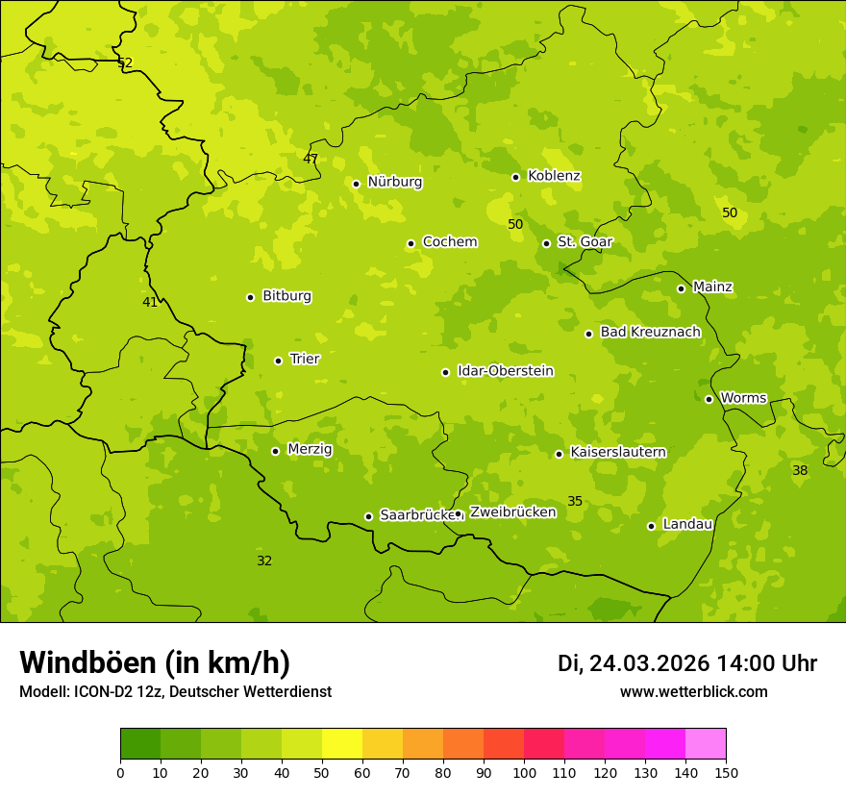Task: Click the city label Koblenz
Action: tap(554, 176)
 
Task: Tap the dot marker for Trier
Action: tap(278, 361)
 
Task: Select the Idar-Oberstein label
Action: tap(506, 371)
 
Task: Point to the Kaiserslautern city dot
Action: tap(559, 454)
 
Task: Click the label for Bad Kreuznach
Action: tap(650, 332)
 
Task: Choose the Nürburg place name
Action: tap(394, 182)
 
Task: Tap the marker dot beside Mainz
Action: tap(681, 288)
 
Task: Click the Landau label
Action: tap(687, 524)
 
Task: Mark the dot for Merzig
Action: tap(275, 451)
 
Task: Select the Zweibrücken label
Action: tap(512, 512)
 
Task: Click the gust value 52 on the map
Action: tap(125, 62)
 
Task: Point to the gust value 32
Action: tap(264, 561)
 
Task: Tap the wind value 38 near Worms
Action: tap(800, 470)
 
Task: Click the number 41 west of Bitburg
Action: tap(150, 302)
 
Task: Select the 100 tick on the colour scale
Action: tap(524, 772)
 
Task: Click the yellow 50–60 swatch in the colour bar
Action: tap(342, 744)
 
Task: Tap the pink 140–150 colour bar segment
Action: tap(706, 744)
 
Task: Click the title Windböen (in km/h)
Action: tap(155, 662)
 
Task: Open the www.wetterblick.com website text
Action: tap(693, 691)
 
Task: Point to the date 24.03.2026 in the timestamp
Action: tap(649, 663)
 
